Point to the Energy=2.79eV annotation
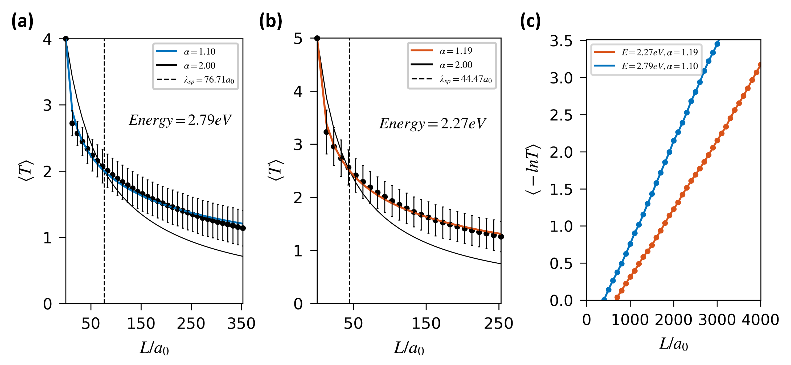click(180, 120)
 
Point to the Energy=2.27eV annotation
click(432, 124)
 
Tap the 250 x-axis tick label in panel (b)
click(498, 324)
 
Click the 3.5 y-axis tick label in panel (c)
click(561, 41)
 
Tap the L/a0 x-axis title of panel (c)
click(673, 344)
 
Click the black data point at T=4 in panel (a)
click(66, 39)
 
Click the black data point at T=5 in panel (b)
click(317, 38)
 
